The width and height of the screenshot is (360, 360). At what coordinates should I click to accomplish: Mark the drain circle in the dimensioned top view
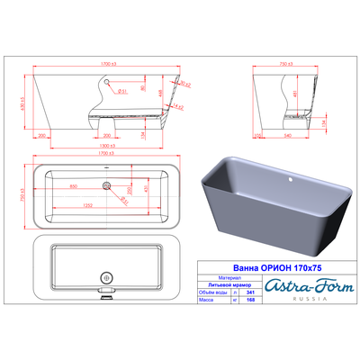(x=108, y=186)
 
